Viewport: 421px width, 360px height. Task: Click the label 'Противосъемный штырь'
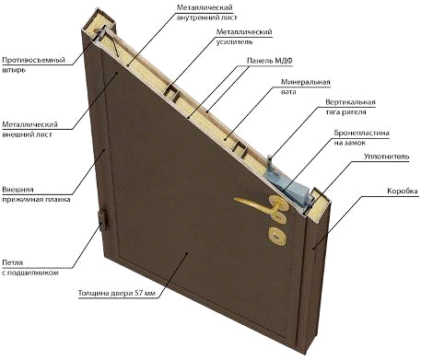[33, 64]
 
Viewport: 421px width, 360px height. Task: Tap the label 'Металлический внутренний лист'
[206, 13]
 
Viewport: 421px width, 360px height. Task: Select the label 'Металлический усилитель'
[244, 37]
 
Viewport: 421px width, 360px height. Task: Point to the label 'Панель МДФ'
[270, 61]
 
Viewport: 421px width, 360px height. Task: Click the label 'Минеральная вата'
[306, 87]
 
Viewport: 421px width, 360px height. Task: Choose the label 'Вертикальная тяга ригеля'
[350, 107]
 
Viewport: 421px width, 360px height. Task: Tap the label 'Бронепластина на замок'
[362, 138]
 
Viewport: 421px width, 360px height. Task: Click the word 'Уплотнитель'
[387, 157]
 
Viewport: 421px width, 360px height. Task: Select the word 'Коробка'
[403, 191]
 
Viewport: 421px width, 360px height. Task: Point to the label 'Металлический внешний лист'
[29, 129]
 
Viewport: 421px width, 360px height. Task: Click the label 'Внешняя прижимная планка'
[36, 194]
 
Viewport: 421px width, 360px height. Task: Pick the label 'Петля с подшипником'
[30, 268]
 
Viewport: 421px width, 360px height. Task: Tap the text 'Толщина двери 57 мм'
[117, 293]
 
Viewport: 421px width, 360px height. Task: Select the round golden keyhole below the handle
[277, 236]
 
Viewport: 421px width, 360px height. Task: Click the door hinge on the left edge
[103, 220]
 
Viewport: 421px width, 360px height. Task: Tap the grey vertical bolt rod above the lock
[270, 163]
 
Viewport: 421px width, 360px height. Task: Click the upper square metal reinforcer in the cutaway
[172, 93]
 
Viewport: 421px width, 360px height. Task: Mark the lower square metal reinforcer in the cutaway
[240, 149]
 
